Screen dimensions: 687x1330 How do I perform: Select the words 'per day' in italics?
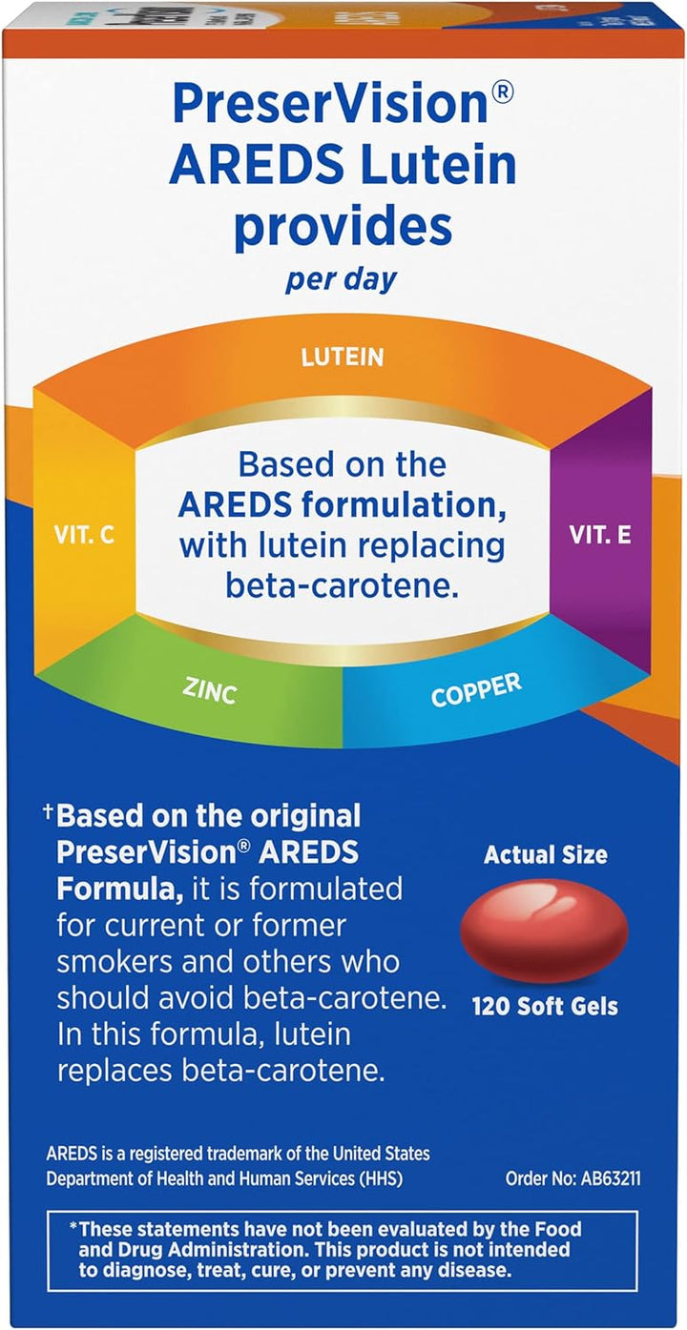click(x=342, y=279)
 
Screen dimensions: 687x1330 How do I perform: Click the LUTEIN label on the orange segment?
click(x=343, y=357)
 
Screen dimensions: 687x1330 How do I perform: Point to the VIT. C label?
click(x=84, y=536)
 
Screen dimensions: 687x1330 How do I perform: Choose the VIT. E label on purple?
click(x=600, y=535)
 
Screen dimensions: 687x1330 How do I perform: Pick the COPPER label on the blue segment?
click(x=476, y=690)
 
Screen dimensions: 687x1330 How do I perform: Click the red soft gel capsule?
click(x=545, y=929)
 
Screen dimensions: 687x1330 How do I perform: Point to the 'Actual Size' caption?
click(x=546, y=855)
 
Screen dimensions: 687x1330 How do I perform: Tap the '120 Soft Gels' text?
click(x=545, y=1007)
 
